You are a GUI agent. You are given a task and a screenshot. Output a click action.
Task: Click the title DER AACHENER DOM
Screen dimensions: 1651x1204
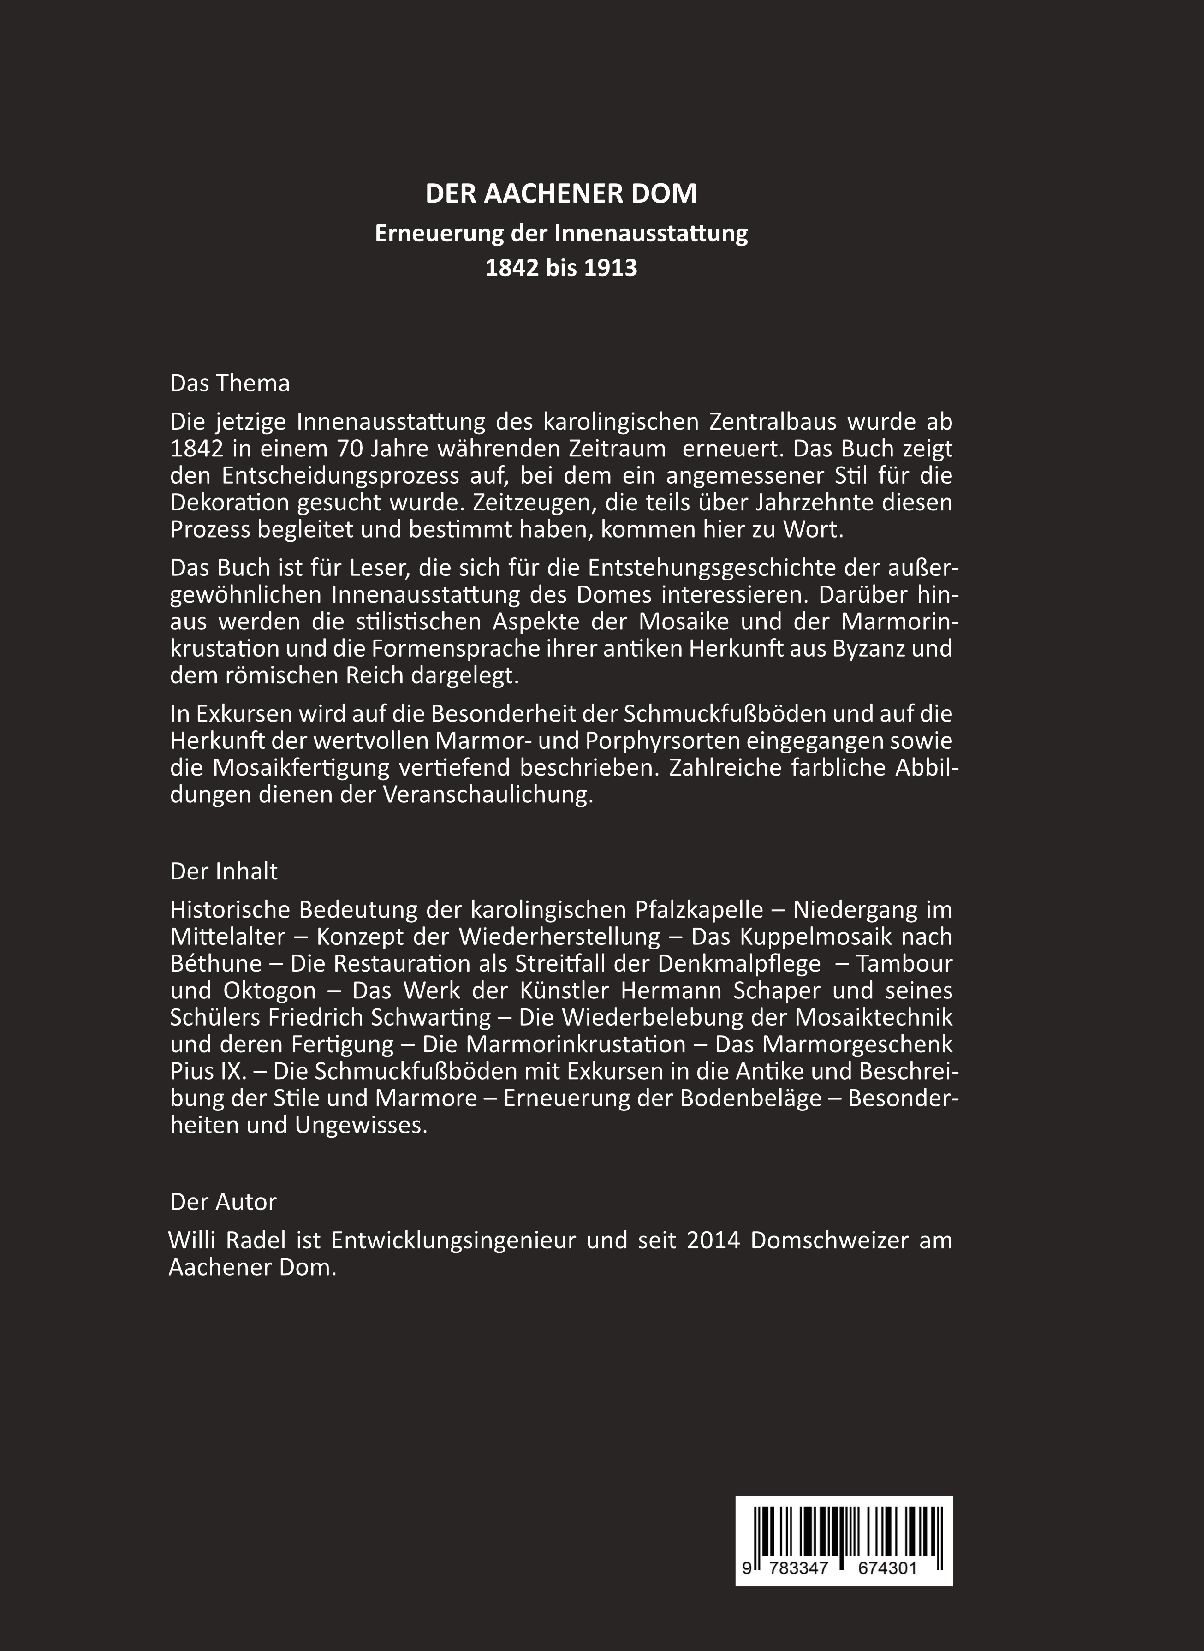pyautogui.click(x=561, y=194)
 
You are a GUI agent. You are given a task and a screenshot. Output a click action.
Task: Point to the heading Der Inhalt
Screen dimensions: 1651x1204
pyautogui.click(x=224, y=871)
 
